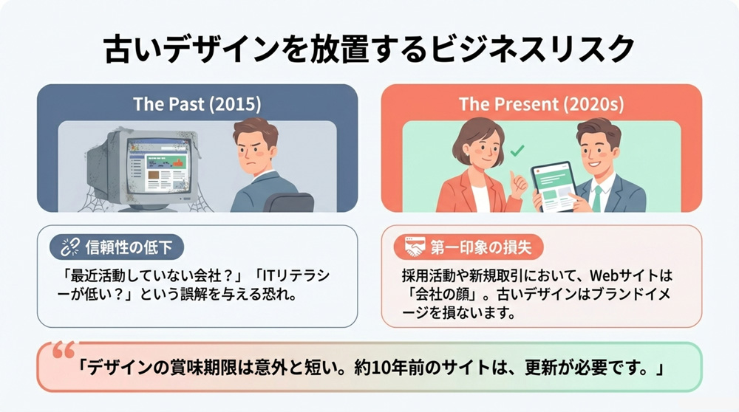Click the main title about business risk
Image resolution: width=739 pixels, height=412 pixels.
click(x=369, y=49)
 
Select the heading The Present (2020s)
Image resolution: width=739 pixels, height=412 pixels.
click(x=541, y=103)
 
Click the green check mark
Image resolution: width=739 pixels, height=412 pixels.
click(x=518, y=150)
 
